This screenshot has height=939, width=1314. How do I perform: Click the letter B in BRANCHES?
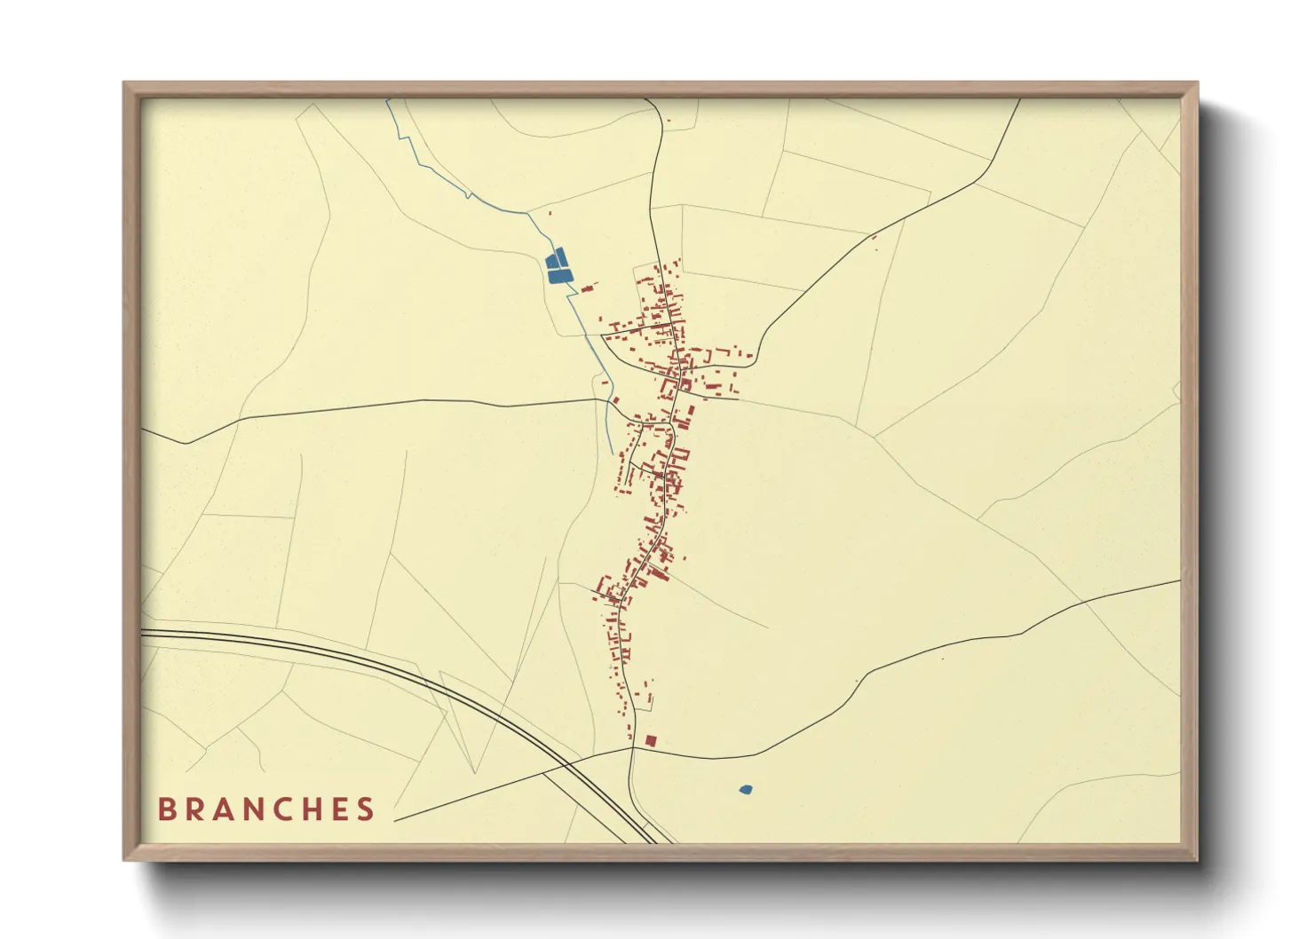coord(166,809)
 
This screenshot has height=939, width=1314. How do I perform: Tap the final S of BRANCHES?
coord(366,809)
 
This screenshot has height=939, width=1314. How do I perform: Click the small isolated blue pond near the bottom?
coord(746,788)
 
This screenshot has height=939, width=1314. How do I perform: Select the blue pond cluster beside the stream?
coord(558,266)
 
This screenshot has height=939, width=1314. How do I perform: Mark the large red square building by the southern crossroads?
coord(650,740)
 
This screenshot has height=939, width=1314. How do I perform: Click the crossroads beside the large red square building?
coord(633,748)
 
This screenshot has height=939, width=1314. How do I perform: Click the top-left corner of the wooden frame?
coord(124,83)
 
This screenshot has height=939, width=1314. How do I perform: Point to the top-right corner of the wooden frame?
coord(1197,83)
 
